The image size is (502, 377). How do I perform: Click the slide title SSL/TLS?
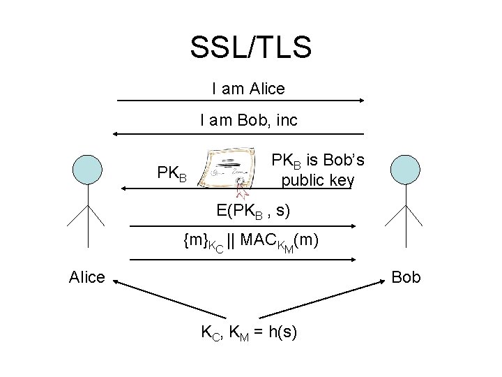(250, 47)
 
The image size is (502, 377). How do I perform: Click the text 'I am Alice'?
(248, 89)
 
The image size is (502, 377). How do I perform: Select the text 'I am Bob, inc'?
(248, 120)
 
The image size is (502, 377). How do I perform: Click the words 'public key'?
(317, 182)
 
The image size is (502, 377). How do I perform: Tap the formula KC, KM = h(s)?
(249, 332)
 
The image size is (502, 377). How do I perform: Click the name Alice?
(87, 277)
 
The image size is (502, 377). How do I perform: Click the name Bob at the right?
(406, 277)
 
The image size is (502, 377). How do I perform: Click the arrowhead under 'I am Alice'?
(360, 101)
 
